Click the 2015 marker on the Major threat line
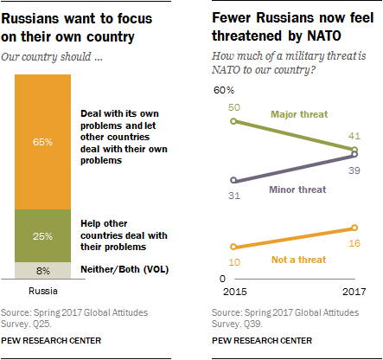(x=234, y=121)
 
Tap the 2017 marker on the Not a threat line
(x=355, y=228)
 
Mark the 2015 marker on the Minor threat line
(x=234, y=182)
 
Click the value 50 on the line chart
(x=234, y=106)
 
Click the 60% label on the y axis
(x=224, y=90)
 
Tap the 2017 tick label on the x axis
(x=354, y=292)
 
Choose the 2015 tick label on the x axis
(x=234, y=292)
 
